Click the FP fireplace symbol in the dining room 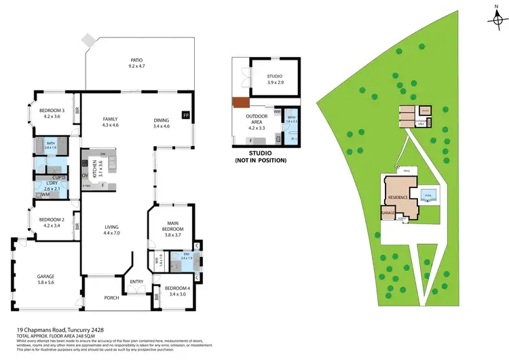point(186,115)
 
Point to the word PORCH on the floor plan point(112,298)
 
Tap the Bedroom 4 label point(176,291)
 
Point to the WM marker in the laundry point(45,195)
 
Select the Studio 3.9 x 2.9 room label point(274,79)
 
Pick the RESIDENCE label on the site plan point(398,198)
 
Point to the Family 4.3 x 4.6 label point(110,122)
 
